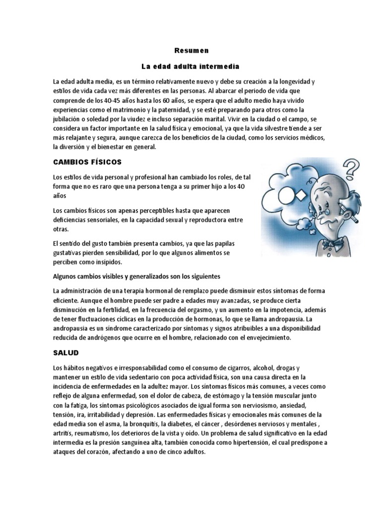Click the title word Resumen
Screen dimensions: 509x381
coord(190,51)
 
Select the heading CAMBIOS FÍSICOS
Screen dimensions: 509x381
coord(87,163)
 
